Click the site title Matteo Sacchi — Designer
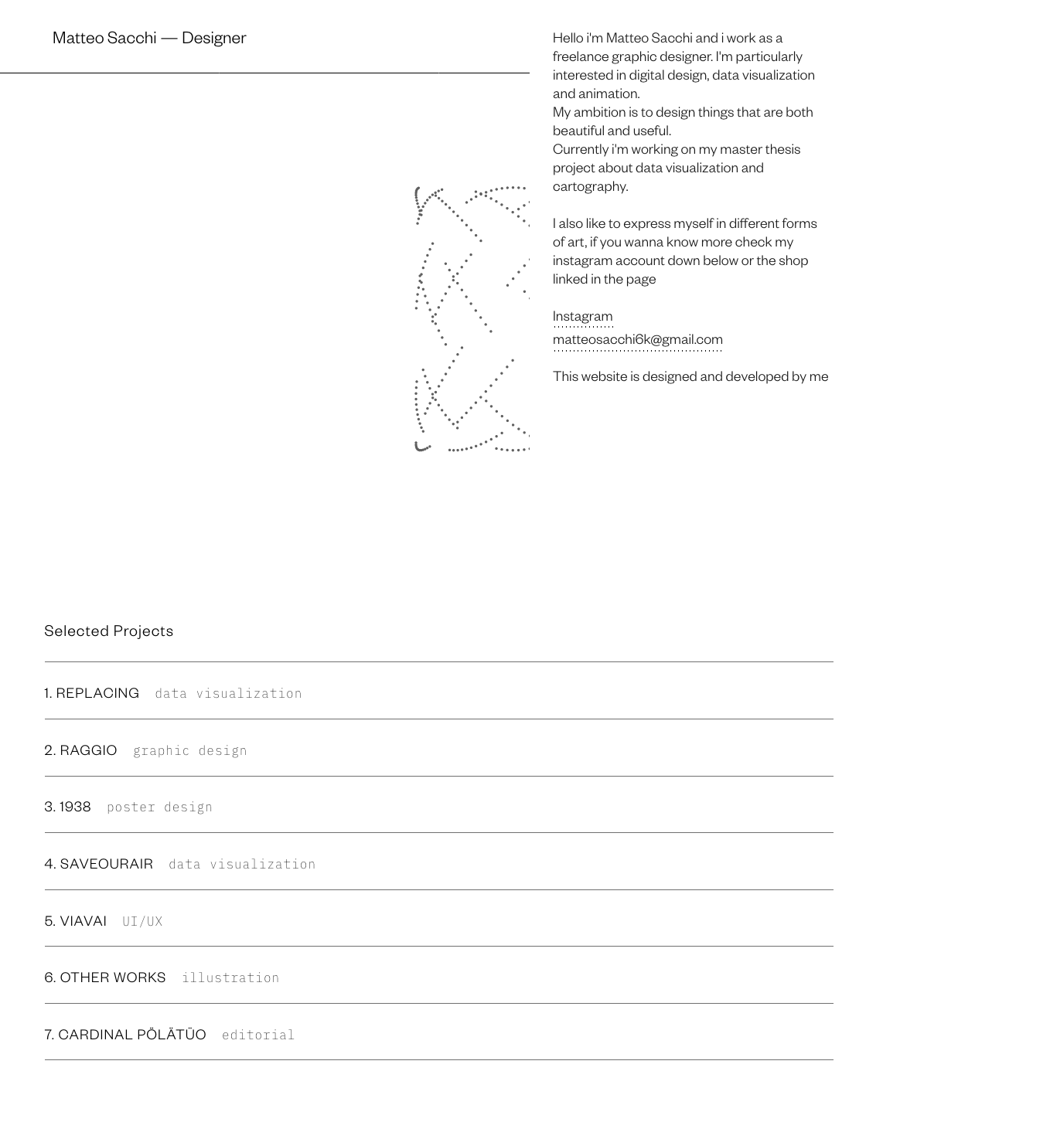(x=149, y=38)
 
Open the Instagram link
(x=582, y=316)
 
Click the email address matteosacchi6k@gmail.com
(x=637, y=339)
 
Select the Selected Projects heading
(x=109, y=631)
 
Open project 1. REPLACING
(x=92, y=693)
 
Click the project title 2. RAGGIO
(x=81, y=750)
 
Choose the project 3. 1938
(x=68, y=807)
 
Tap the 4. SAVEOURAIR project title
(x=99, y=864)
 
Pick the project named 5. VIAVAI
(x=76, y=921)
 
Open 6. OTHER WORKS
(x=105, y=977)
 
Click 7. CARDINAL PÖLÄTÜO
(x=125, y=1035)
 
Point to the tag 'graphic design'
(x=190, y=751)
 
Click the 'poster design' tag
(x=159, y=807)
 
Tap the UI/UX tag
(x=142, y=922)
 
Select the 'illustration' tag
(x=230, y=978)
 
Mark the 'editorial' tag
(x=258, y=1035)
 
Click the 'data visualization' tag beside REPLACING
(x=228, y=694)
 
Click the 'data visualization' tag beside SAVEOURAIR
(x=242, y=865)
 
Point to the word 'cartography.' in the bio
(x=590, y=186)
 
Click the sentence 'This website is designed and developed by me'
(x=690, y=376)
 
